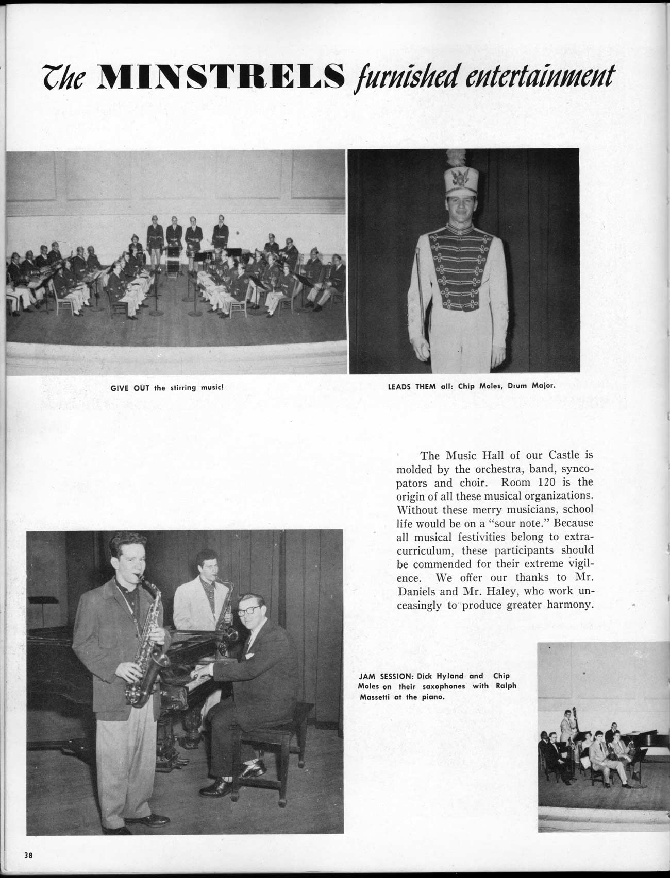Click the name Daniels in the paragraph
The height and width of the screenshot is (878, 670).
click(419, 592)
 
